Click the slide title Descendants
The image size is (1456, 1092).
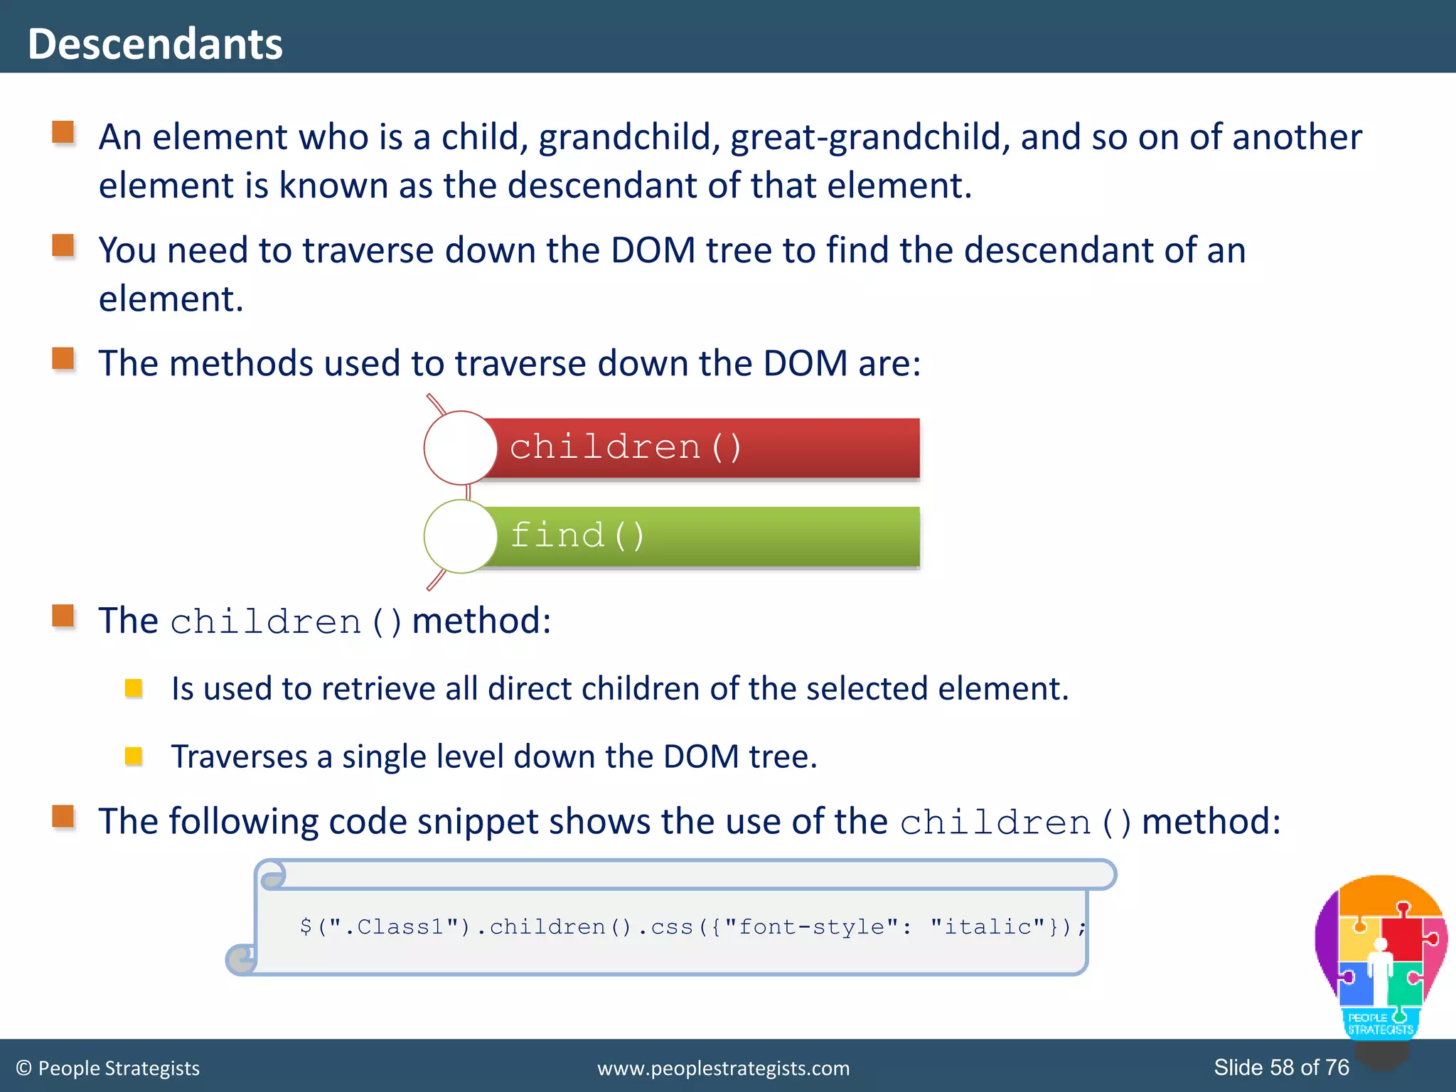(x=155, y=44)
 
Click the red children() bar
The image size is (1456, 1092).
(x=704, y=448)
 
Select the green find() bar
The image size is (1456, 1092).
(x=704, y=536)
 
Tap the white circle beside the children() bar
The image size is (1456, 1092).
(x=460, y=448)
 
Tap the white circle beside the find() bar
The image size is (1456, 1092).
(x=460, y=536)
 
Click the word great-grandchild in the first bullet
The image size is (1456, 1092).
(x=869, y=137)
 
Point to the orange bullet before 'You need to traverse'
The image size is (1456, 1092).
(x=63, y=246)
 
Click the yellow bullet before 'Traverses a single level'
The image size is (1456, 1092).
(x=134, y=755)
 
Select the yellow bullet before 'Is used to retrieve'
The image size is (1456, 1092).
(x=134, y=687)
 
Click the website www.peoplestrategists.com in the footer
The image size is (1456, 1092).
(x=723, y=1068)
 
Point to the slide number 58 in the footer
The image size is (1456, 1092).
(x=1282, y=1067)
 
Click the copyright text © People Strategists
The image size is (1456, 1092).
(x=108, y=1068)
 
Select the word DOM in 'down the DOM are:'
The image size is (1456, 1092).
(x=805, y=363)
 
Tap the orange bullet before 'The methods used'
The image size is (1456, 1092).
(x=63, y=359)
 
